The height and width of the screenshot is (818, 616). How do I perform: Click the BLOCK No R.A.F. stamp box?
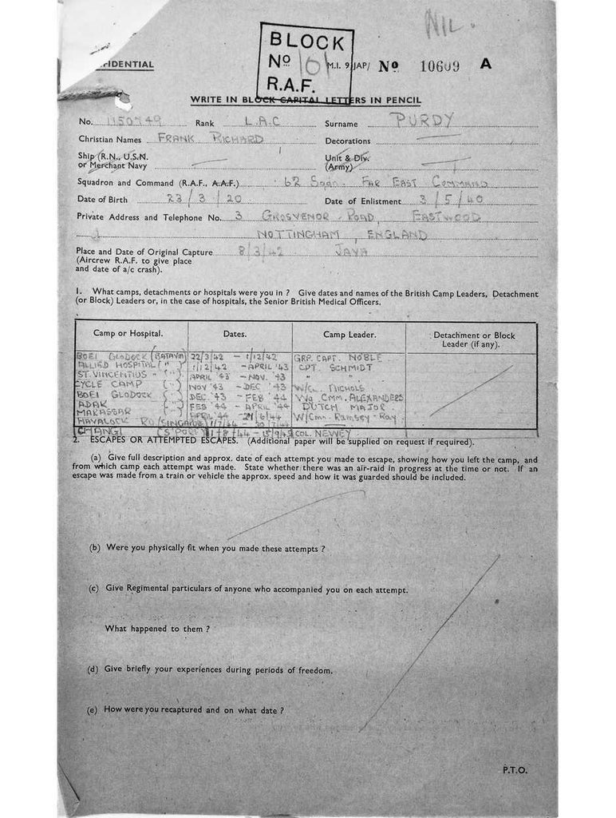pyautogui.click(x=305, y=60)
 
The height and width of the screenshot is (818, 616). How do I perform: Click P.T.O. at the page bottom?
pyautogui.click(x=515, y=770)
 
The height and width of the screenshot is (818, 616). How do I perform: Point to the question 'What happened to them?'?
pyautogui.click(x=156, y=629)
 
